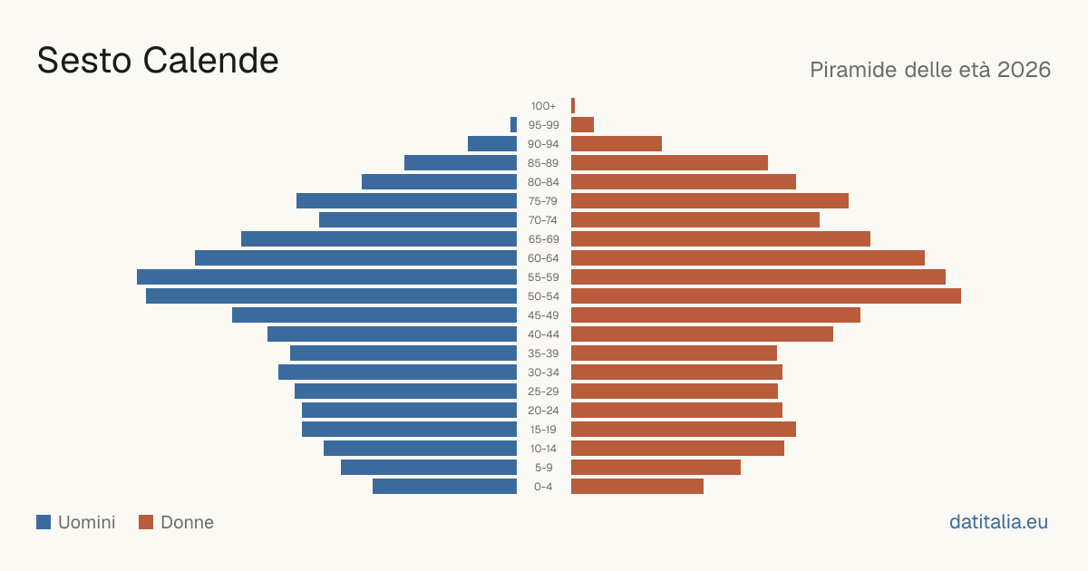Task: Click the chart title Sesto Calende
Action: (x=158, y=61)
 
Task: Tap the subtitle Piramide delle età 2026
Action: (x=930, y=70)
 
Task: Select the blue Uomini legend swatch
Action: (x=44, y=522)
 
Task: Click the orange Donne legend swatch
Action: (x=146, y=522)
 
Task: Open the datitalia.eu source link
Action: (x=998, y=522)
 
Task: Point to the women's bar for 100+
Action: (x=573, y=106)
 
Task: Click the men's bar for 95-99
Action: (x=513, y=125)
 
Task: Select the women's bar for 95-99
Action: (x=582, y=125)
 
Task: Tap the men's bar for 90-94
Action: (x=492, y=144)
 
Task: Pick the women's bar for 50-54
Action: (x=766, y=296)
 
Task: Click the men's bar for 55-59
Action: (x=327, y=277)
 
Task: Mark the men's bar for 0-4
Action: (x=444, y=487)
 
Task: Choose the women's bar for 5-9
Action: (x=656, y=468)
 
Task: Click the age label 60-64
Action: (x=543, y=258)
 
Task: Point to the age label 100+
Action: (x=543, y=106)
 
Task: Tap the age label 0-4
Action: (x=543, y=487)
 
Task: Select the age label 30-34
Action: (x=543, y=373)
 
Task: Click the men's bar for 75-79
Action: (x=406, y=201)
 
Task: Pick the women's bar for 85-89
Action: (x=669, y=162)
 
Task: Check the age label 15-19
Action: (x=543, y=430)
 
